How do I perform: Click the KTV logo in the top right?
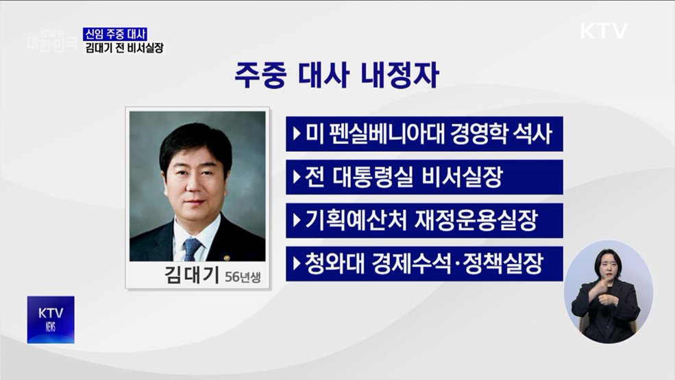point(603,31)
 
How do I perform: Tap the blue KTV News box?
point(51,320)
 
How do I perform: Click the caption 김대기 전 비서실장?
point(123,48)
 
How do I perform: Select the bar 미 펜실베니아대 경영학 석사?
point(424,134)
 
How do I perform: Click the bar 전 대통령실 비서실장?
point(424,178)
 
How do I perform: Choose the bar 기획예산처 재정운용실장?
point(424,221)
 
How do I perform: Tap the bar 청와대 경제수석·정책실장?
point(424,264)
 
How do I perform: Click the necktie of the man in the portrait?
point(193,248)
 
